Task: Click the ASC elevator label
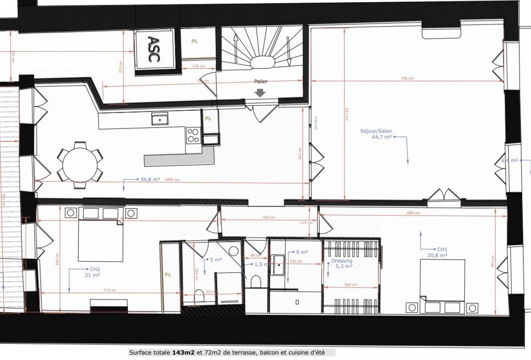[x=154, y=49]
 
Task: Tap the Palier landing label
[x=261, y=81]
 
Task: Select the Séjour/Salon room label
[x=376, y=131]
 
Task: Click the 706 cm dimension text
[x=407, y=78]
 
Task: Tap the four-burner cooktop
[x=193, y=135]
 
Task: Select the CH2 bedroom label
[x=94, y=269]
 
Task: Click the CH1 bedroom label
[x=442, y=249]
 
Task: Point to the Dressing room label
[x=342, y=261]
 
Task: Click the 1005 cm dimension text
[x=172, y=180]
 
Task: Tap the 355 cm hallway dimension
[x=269, y=218]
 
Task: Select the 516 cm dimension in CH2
[x=110, y=290]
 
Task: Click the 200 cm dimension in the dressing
[x=351, y=285]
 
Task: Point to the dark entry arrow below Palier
[x=260, y=92]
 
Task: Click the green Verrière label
[x=316, y=123]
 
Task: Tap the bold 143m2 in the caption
[x=184, y=352]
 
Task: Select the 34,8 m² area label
[x=150, y=179]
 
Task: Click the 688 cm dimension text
[x=413, y=213]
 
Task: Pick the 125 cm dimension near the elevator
[x=198, y=66]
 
